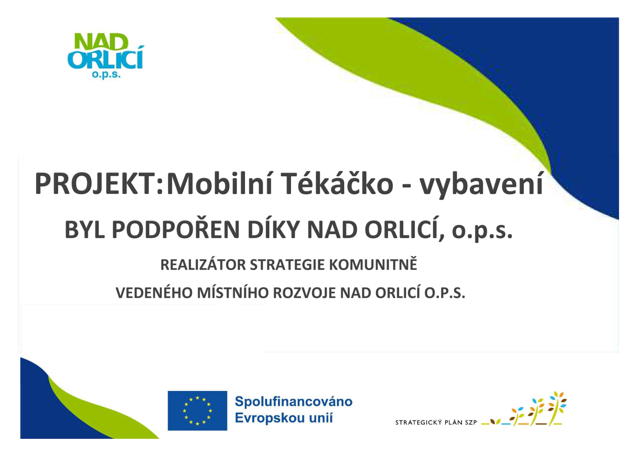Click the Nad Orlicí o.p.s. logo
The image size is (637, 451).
coord(106,56)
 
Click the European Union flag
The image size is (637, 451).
coord(197,410)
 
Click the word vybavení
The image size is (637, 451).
coord(482,185)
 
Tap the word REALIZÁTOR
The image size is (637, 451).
coord(203,264)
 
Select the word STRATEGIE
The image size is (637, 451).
coord(287,265)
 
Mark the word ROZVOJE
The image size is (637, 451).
coord(304,293)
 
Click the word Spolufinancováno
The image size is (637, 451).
coord(293,402)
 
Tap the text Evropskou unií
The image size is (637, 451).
coord(283,418)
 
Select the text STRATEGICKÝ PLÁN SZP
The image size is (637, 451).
coord(436,422)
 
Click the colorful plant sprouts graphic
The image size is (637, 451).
coord(524,409)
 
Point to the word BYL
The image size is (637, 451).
coord(84,230)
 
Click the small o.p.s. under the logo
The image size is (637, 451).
coord(106,74)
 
